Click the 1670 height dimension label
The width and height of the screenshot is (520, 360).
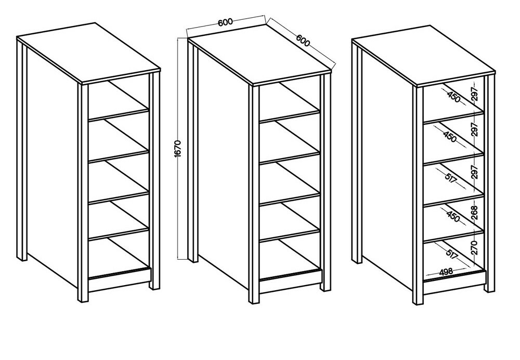coord(177,149)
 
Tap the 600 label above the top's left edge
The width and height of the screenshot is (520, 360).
coord(225,22)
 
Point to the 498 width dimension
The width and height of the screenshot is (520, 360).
coord(446,272)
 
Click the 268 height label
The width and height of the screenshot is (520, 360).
coord(474,213)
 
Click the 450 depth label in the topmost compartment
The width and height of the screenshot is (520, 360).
coord(453,96)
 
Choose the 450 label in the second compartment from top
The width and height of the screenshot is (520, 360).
coord(450,136)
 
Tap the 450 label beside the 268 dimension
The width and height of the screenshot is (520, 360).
coord(453,216)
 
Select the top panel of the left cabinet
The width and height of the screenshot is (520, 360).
coord(89,53)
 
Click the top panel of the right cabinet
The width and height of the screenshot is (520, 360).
coord(423,56)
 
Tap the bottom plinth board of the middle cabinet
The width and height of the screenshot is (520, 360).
coord(291,281)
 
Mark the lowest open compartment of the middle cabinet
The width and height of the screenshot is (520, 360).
coord(290,257)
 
